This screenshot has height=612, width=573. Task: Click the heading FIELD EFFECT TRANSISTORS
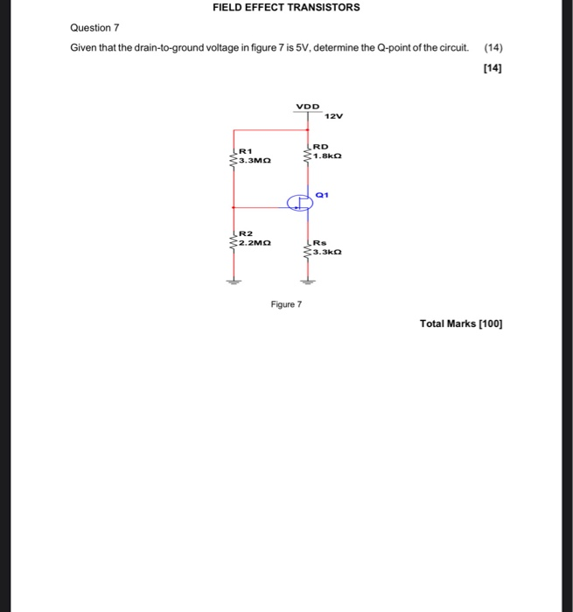click(286, 8)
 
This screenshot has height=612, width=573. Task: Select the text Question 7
click(95, 28)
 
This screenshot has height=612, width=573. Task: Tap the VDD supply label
click(307, 107)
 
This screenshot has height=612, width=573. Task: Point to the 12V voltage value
click(333, 115)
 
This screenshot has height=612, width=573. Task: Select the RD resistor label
click(320, 147)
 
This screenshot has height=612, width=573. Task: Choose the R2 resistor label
click(246, 234)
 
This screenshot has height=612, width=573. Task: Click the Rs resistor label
click(319, 244)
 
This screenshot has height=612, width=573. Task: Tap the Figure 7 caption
click(286, 304)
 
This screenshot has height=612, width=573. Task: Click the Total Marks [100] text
click(461, 323)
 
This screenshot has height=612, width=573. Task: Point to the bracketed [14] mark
click(493, 66)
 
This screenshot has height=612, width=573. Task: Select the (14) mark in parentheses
click(493, 47)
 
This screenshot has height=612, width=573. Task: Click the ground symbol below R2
click(233, 282)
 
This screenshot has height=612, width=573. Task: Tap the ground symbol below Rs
click(307, 282)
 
